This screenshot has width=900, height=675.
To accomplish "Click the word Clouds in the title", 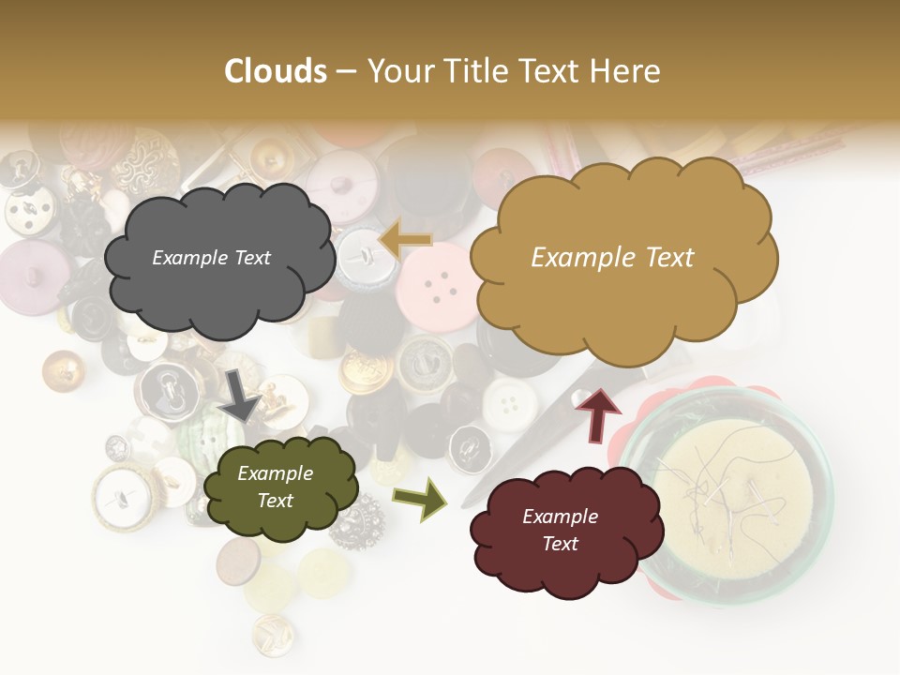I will (x=276, y=71).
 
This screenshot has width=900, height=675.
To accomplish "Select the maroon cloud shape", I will (x=558, y=532).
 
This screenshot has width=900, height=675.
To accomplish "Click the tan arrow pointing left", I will (x=405, y=240).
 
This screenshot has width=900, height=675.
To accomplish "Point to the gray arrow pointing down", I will (x=241, y=394).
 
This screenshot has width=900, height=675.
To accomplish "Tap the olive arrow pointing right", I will (x=420, y=498).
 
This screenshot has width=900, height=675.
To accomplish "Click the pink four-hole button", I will (x=437, y=287).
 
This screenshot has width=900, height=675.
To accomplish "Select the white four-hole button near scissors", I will (x=510, y=403).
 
